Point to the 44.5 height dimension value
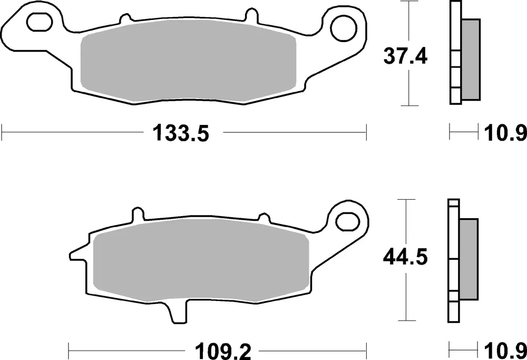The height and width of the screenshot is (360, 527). coord(405,258)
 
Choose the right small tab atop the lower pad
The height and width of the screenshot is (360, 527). coord(262,218)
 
